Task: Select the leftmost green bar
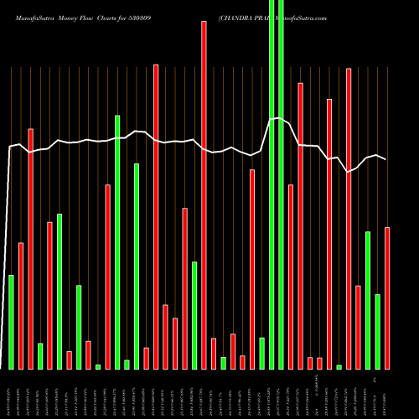(x=12, y=322)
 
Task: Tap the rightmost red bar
(x=387, y=297)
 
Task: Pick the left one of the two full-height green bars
(x=272, y=184)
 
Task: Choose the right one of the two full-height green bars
(x=281, y=184)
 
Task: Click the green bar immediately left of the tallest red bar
(x=194, y=315)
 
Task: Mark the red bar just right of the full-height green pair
(x=291, y=277)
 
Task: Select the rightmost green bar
(x=377, y=331)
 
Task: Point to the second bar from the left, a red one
(x=21, y=305)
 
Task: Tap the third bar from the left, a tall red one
(x=31, y=248)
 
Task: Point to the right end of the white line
(x=385, y=159)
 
